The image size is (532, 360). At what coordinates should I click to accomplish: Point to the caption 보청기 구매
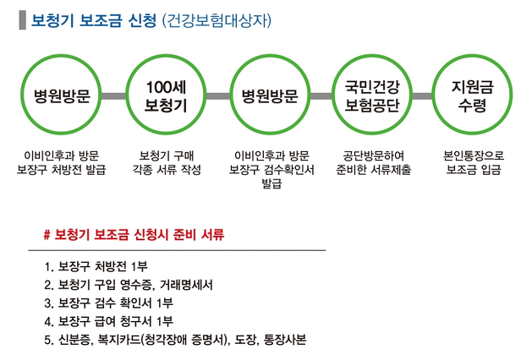click(167, 156)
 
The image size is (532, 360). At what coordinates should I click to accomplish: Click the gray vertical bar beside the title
click(21, 20)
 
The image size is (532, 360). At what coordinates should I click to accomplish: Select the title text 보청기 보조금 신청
click(93, 20)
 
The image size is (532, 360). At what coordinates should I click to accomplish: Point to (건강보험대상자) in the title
click(216, 20)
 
